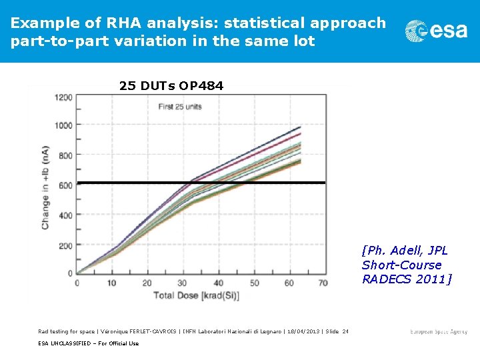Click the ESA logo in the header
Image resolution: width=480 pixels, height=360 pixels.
(437, 31)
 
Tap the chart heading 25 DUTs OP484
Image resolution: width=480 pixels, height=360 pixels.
(171, 86)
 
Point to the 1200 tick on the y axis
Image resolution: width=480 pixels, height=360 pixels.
(64, 97)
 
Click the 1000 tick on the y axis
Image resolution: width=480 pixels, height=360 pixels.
(64, 125)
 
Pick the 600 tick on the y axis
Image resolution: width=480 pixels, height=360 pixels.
(66, 185)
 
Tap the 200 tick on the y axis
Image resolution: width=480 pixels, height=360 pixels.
(66, 246)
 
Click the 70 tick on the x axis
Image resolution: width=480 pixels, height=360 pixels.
(323, 283)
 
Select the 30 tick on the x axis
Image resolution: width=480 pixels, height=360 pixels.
(183, 283)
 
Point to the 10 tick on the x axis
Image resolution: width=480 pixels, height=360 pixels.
(112, 283)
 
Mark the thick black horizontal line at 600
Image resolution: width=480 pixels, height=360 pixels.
(200, 182)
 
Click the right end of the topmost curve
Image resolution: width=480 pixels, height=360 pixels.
(301, 127)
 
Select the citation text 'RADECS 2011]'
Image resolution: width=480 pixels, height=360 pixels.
(407, 279)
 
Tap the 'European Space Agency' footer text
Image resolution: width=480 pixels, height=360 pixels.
(439, 331)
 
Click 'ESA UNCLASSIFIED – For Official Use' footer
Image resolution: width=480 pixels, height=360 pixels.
(88, 343)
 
